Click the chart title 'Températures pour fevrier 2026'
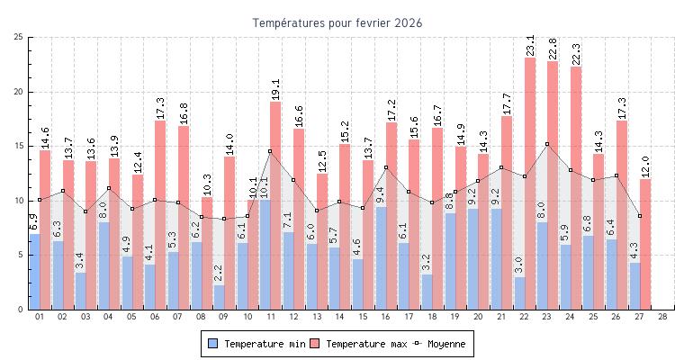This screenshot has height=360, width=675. click(337, 22)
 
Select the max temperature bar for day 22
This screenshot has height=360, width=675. click(530, 180)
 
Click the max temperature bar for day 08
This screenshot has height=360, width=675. click(207, 252)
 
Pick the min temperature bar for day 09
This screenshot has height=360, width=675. click(219, 298)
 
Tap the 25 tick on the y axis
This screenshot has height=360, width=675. click(19, 38)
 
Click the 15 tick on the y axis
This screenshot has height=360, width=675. click(19, 147)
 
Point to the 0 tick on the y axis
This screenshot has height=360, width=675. click(21, 310)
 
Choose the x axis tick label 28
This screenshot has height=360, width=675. click(662, 317)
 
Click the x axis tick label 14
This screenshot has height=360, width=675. click(339, 317)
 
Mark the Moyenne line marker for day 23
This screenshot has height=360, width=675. click(547, 144)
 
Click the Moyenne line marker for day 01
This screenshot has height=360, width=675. click(40, 200)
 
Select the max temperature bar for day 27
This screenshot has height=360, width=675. click(645, 244)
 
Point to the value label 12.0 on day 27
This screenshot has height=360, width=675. click(645, 166)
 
